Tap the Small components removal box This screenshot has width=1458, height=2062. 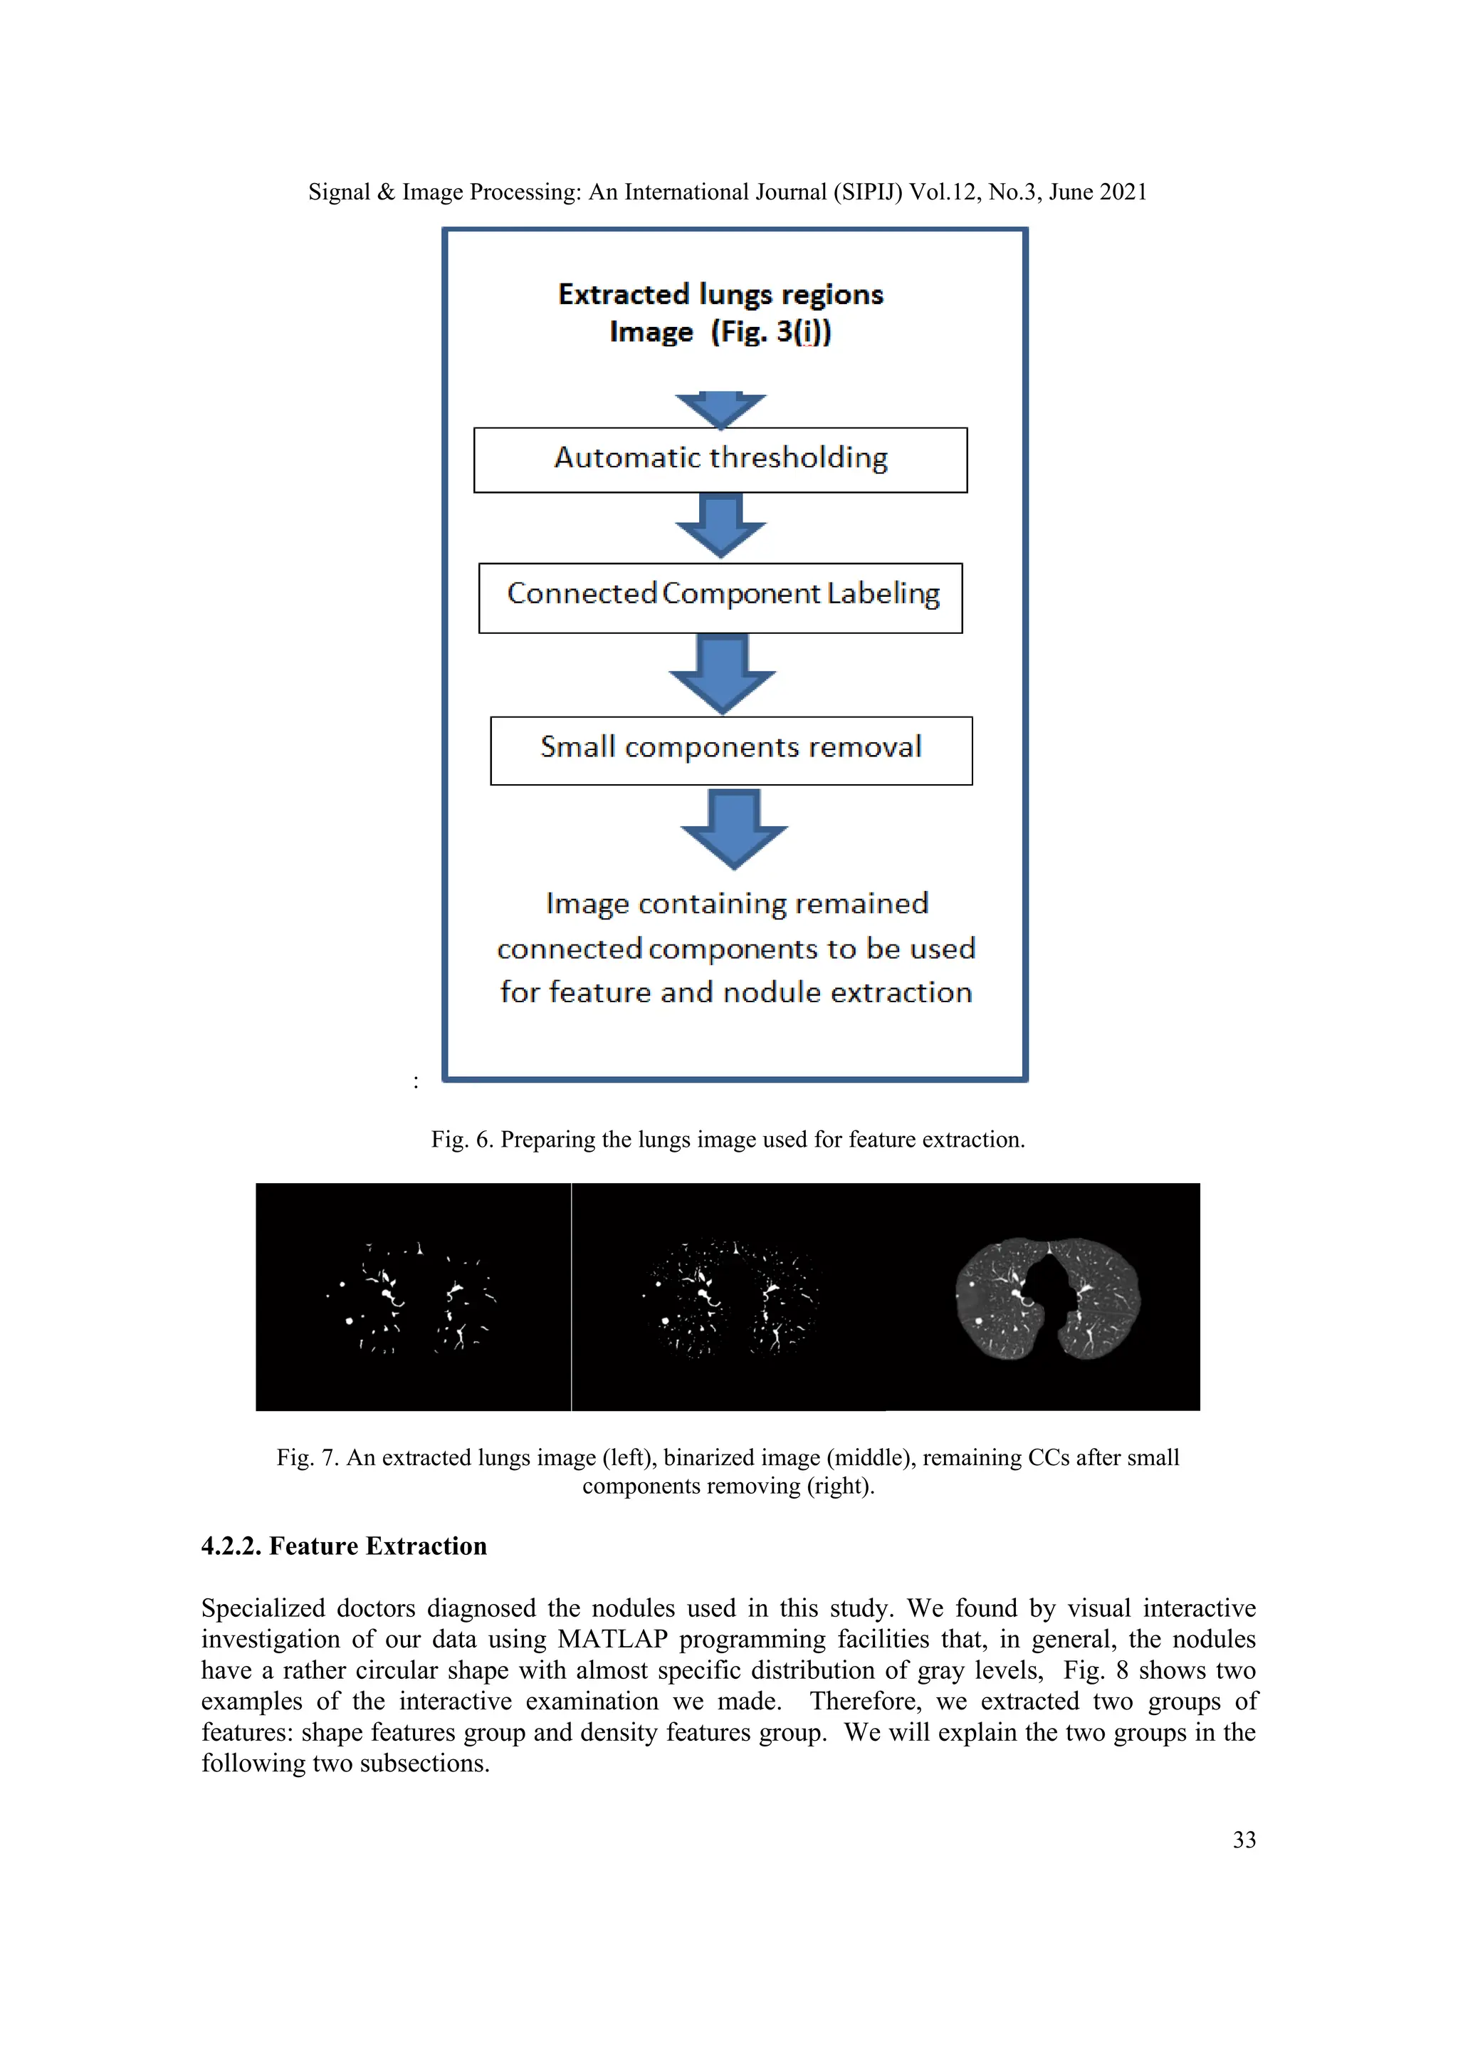pyautogui.click(x=731, y=750)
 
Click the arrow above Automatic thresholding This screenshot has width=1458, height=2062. pyautogui.click(x=720, y=410)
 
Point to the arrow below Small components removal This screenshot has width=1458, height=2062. pyautogui.click(x=733, y=828)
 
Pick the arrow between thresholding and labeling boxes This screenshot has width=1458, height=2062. pyautogui.click(x=720, y=526)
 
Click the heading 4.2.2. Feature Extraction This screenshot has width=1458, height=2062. pyautogui.click(x=344, y=1546)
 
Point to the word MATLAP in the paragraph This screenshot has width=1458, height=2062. pyautogui.click(x=612, y=1639)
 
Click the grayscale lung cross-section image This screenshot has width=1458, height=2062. pyautogui.click(x=1047, y=1297)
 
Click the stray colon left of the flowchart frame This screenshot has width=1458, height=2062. pyautogui.click(x=416, y=1082)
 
